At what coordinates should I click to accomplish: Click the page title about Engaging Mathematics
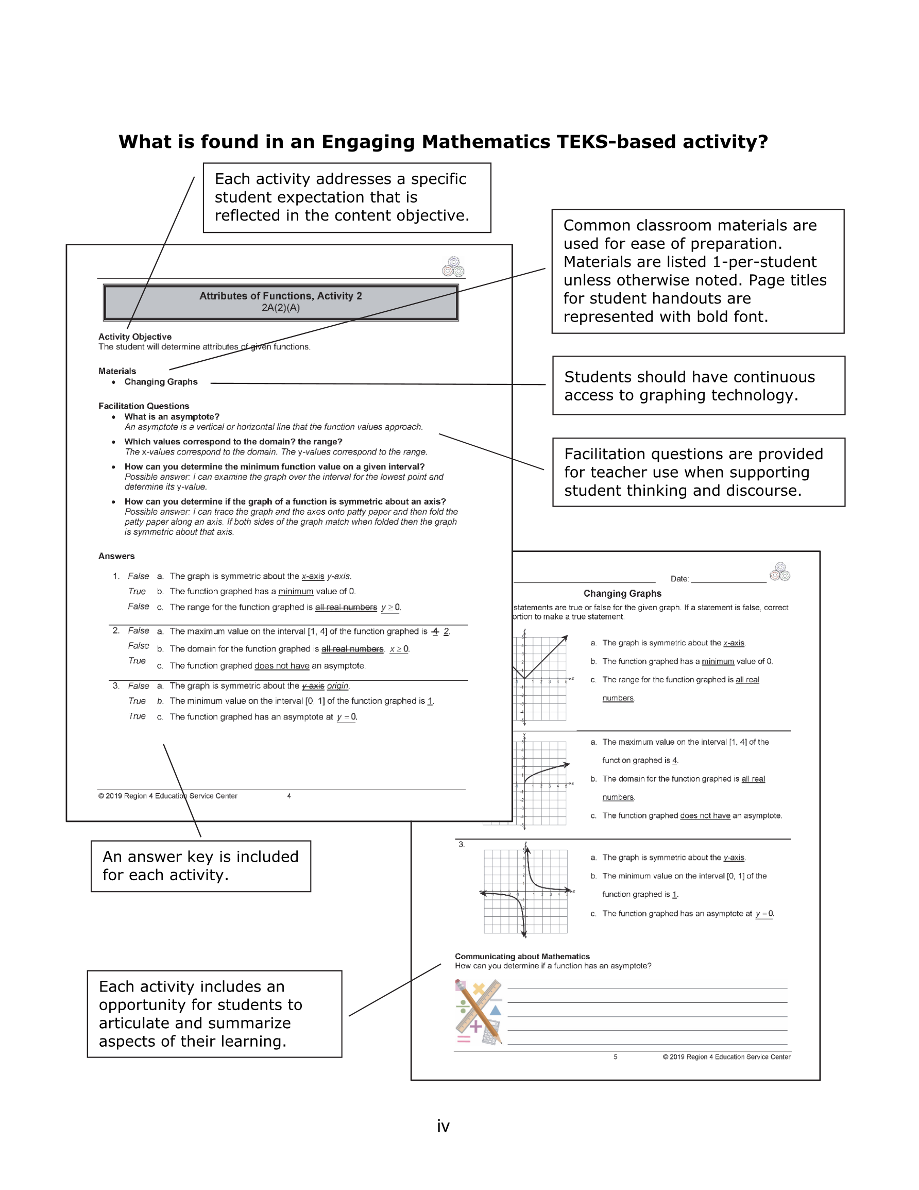[443, 142]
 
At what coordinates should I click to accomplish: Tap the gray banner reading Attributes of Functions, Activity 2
[281, 302]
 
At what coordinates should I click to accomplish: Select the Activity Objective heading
[134, 337]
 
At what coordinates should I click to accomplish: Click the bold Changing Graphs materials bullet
[161, 382]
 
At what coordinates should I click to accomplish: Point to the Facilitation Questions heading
[144, 406]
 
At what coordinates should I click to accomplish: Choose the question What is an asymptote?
[172, 417]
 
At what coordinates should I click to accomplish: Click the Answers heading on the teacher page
[116, 556]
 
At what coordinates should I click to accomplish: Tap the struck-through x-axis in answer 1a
[313, 577]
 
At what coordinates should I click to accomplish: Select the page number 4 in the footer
[288, 796]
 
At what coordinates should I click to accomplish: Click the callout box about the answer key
[200, 866]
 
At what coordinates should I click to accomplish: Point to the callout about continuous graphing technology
[699, 386]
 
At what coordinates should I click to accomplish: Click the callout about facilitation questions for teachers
[699, 472]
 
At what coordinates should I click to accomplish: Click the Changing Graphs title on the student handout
[622, 593]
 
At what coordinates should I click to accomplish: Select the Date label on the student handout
[679, 579]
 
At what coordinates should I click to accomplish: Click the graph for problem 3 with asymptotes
[525, 892]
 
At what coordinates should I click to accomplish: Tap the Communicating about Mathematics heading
[522, 956]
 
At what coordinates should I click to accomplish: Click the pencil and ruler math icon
[478, 1012]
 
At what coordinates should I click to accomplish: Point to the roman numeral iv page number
[443, 1126]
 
